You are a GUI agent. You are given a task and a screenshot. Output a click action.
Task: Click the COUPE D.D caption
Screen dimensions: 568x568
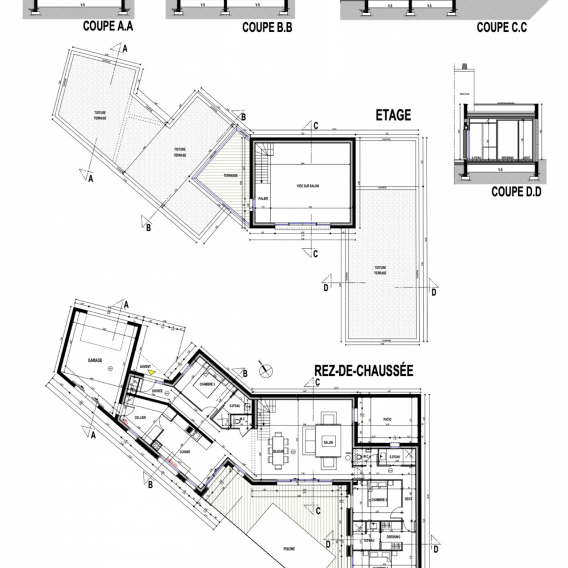point(516,192)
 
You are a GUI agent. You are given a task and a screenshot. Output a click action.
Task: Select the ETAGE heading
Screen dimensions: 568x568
point(393,115)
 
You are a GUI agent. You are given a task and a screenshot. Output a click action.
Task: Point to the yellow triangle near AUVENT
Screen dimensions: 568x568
point(152,372)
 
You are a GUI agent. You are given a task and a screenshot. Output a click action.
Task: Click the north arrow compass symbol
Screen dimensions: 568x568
point(264,370)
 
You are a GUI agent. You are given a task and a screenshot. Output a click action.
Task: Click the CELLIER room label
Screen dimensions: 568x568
point(141,417)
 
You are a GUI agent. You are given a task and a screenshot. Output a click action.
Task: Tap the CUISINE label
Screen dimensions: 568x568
point(185,452)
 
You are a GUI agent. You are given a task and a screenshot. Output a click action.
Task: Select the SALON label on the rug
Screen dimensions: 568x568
point(328,442)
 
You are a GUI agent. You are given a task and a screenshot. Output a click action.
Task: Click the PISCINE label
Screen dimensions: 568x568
point(290,549)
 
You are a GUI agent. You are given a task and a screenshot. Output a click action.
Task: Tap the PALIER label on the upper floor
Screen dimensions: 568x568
point(262,199)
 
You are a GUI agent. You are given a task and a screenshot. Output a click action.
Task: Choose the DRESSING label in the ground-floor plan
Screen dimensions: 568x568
point(393,537)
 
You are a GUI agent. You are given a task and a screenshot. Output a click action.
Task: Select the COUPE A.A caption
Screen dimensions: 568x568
point(108,26)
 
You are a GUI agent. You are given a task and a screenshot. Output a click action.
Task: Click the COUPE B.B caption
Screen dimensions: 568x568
point(267,27)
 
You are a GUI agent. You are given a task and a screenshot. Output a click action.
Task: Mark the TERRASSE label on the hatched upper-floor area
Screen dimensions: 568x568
point(231,176)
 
